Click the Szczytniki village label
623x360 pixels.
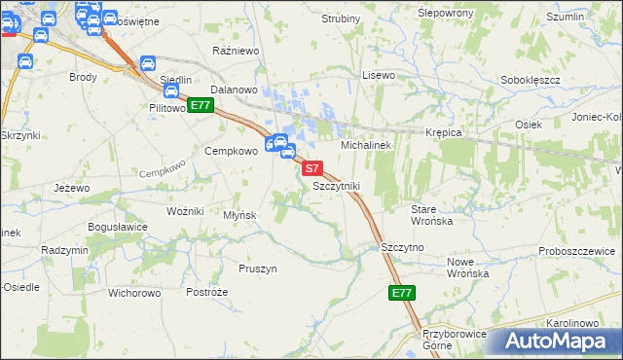337,185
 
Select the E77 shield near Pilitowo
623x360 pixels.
201,105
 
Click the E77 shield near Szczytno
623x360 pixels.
401,292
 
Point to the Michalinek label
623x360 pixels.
365,144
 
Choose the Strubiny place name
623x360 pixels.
341,18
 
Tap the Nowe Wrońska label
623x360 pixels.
466,268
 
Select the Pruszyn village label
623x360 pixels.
258,268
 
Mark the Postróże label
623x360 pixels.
206,292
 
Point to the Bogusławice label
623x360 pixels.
117,228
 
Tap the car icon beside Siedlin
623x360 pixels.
148,63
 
